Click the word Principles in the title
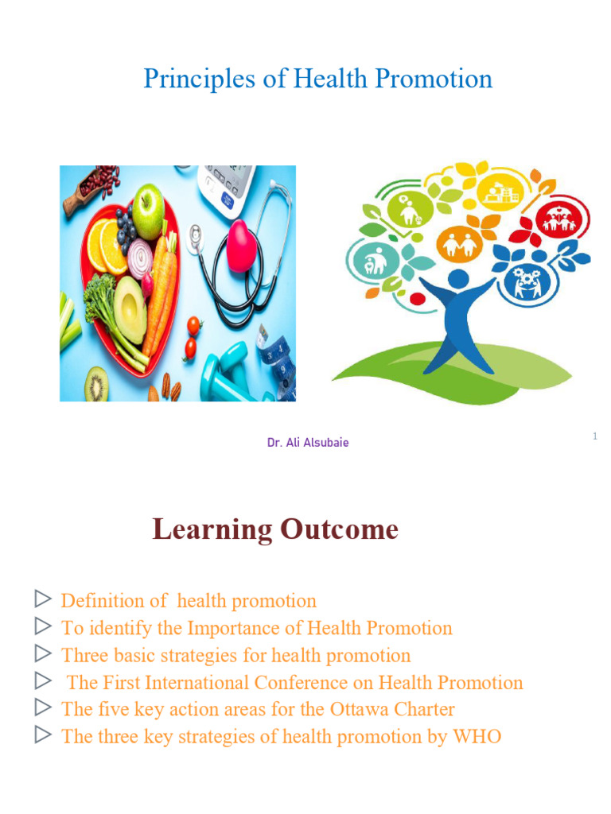199,79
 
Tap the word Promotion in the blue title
434,79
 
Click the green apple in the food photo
148,211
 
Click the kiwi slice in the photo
96,384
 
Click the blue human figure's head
458,279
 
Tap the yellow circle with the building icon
500,192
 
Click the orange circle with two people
459,243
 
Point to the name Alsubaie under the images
325,443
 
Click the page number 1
595,436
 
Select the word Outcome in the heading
339,530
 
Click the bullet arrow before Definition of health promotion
43,599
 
